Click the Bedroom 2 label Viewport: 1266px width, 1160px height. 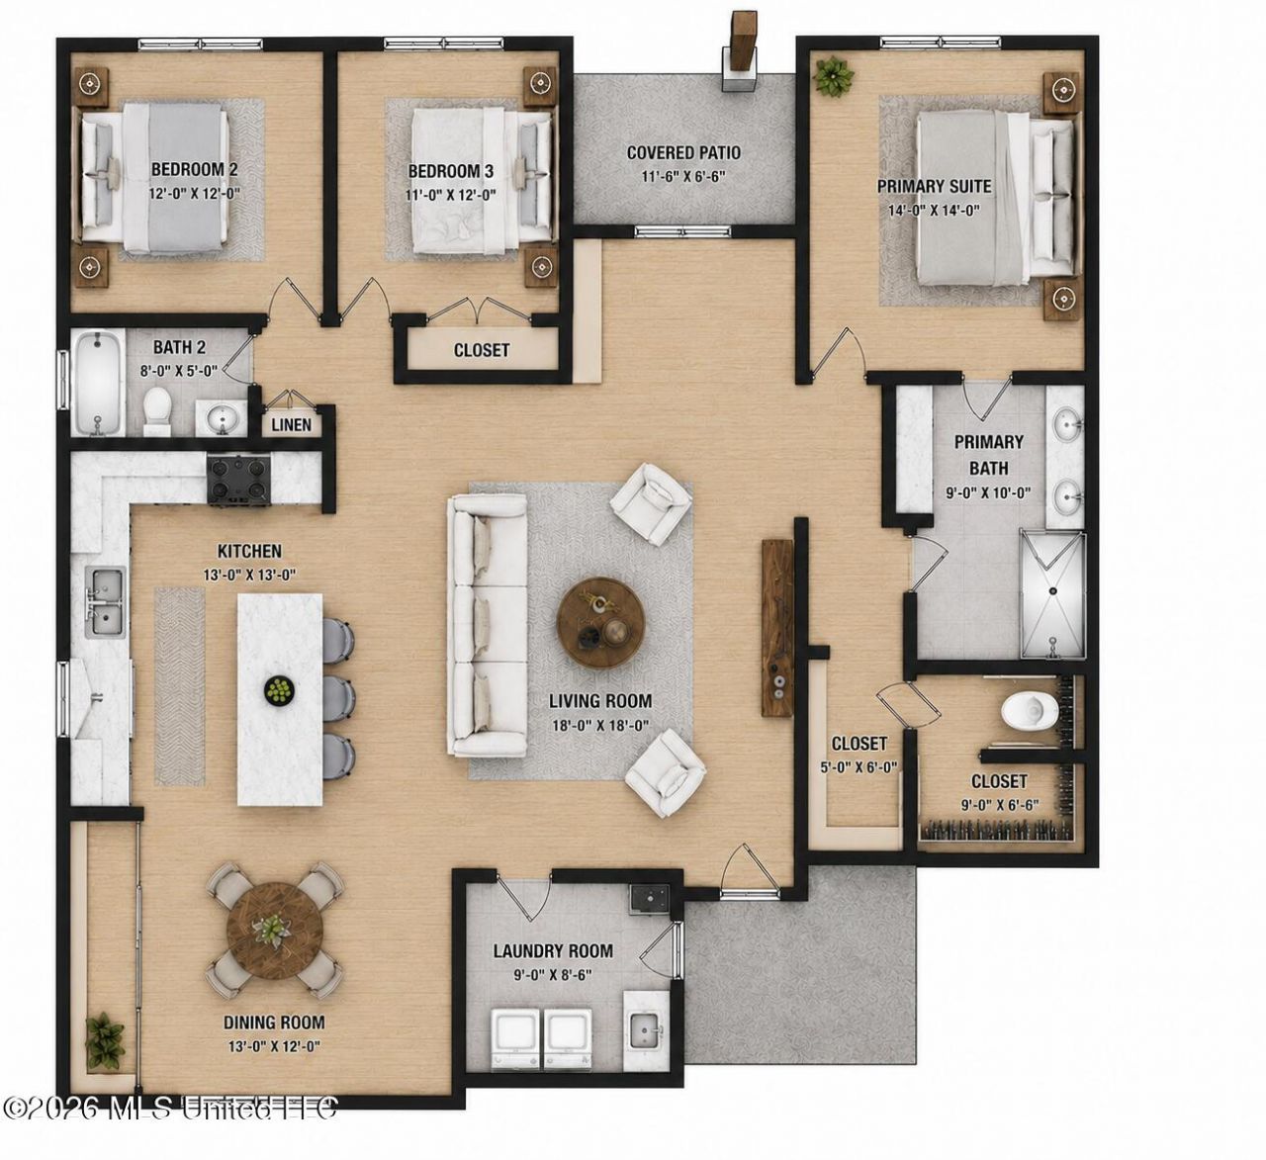pyautogui.click(x=195, y=170)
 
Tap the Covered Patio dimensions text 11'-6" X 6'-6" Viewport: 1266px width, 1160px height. pyautogui.click(x=683, y=177)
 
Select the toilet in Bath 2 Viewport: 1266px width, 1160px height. pyautogui.click(x=156, y=410)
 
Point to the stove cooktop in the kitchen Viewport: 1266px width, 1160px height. pyautogui.click(x=238, y=479)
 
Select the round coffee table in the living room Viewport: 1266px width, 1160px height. pyautogui.click(x=600, y=622)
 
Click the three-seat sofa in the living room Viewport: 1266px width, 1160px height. pyautogui.click(x=488, y=625)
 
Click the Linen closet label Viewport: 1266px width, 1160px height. pyautogui.click(x=292, y=425)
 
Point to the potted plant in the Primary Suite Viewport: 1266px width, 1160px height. pyautogui.click(x=833, y=76)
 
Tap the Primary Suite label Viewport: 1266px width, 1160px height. pyautogui.click(x=934, y=187)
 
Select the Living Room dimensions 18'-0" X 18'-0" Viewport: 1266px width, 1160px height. pyautogui.click(x=600, y=726)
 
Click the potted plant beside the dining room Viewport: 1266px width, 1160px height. pyautogui.click(x=105, y=1040)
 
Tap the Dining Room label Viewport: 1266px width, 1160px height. pyautogui.click(x=275, y=1022)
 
